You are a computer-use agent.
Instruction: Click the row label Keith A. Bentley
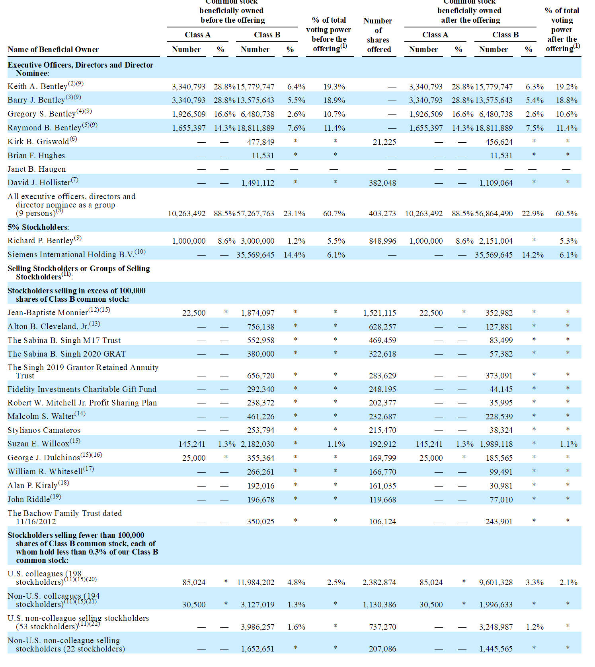[37, 87]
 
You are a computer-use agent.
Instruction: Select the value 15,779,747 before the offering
[256, 87]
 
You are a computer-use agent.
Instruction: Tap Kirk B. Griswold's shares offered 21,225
[384, 142]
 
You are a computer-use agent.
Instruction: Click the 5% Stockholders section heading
[38, 227]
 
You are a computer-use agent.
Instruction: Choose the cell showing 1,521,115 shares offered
[380, 313]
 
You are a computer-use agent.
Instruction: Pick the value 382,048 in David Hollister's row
[382, 183]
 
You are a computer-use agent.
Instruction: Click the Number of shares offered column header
[378, 35]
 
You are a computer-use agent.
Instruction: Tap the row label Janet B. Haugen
[37, 169]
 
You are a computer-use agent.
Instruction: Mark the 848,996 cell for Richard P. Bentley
[382, 241]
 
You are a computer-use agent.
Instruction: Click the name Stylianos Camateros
[44, 430]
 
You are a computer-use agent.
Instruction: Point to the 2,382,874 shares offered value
[379, 582]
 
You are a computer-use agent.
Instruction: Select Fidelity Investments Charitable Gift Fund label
[82, 389]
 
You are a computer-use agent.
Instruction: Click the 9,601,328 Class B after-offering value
[496, 582]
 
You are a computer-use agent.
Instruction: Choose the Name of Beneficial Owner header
[53, 49]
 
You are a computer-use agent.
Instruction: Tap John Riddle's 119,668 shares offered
[382, 500]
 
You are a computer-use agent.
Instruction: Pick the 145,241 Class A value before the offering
[192, 444]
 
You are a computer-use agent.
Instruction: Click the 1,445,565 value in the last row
[496, 649]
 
